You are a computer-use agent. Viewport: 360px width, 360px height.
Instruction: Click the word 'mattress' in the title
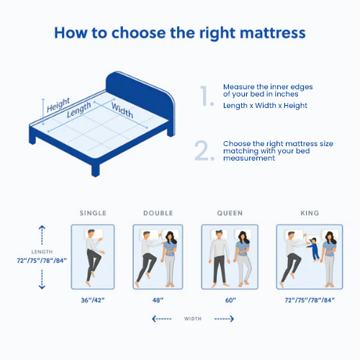point(273,32)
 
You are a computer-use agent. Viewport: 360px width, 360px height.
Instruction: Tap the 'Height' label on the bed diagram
point(58,105)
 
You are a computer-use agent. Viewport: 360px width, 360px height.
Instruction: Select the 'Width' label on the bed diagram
point(122,110)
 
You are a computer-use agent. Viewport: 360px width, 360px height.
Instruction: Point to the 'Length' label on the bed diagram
point(78,109)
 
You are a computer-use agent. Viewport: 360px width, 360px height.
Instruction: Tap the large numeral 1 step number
point(207,96)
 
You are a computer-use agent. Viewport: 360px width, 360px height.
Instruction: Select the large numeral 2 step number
point(204,150)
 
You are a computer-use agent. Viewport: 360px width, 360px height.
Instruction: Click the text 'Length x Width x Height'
point(265,106)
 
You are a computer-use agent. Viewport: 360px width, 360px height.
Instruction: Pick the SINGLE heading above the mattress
point(93,213)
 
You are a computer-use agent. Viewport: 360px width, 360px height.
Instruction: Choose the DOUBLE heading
point(158,213)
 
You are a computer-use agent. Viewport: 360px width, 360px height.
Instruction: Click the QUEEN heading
point(230,213)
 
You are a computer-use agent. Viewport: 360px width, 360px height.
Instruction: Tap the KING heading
point(310,213)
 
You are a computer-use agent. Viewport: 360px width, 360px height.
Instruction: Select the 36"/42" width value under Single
point(93,300)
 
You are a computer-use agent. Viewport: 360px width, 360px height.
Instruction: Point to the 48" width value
point(158,300)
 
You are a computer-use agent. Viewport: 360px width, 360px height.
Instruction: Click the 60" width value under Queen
point(230,300)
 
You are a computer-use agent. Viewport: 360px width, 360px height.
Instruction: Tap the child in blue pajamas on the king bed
point(314,250)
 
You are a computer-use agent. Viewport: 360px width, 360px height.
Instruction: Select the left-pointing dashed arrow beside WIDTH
point(162,319)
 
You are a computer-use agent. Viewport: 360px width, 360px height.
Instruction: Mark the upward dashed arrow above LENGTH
point(42,235)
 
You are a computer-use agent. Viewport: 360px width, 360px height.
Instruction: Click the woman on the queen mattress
point(243,258)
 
